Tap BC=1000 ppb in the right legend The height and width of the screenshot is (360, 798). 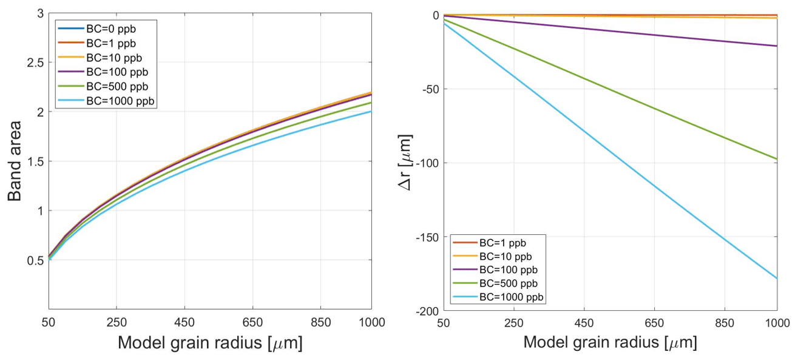[512, 297]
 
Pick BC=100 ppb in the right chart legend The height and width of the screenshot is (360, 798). [509, 270]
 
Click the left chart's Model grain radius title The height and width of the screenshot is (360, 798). [210, 343]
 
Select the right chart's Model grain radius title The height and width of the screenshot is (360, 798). [610, 343]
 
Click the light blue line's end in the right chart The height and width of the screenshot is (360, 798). [777, 279]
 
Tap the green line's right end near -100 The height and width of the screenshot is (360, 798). [777, 159]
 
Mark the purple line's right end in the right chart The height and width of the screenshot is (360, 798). [777, 46]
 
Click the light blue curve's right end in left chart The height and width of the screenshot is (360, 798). [371, 112]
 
